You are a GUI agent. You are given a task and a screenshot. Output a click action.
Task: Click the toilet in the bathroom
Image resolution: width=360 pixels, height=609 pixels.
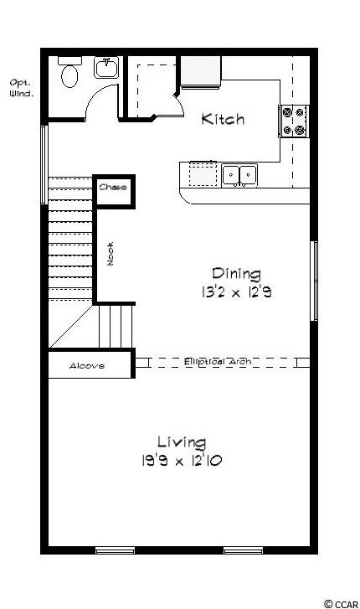[69, 72]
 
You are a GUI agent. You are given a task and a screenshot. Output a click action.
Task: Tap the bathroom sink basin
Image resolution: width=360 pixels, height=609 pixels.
[106, 68]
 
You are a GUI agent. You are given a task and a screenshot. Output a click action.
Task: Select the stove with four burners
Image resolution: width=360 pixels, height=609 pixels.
[294, 121]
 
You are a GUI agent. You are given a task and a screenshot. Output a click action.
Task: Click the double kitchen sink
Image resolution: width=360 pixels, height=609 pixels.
[239, 175]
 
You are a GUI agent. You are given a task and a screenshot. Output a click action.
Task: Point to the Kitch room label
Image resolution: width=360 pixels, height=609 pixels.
[223, 119]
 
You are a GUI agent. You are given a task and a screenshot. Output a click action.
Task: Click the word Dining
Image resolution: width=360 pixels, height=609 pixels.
[236, 274]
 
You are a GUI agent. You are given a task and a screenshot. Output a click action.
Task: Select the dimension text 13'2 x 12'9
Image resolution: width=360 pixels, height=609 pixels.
[236, 292]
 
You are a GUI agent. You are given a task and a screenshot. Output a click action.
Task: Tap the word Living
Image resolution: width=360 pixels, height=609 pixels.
[182, 442]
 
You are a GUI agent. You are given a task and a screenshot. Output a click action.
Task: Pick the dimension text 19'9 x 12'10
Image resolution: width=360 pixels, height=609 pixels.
[182, 461]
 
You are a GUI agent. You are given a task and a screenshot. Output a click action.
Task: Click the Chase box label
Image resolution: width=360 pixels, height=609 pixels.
[113, 187]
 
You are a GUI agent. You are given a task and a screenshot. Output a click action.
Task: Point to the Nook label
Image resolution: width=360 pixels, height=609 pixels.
[111, 254]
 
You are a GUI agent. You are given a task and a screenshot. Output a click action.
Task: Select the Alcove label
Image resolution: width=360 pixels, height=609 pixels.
[86, 365]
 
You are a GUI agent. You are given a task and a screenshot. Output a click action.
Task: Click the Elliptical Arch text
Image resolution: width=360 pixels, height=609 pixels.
[218, 362]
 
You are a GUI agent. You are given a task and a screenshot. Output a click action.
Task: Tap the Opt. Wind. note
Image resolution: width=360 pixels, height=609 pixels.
[22, 88]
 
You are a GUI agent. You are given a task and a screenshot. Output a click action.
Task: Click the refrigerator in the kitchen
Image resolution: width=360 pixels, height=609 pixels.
[201, 72]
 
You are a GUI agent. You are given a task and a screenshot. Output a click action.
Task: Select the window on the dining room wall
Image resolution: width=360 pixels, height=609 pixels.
[314, 281]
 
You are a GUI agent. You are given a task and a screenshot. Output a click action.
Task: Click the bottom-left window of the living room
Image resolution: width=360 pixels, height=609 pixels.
[115, 550]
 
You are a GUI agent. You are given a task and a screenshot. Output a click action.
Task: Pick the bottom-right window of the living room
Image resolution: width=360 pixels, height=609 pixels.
[243, 550]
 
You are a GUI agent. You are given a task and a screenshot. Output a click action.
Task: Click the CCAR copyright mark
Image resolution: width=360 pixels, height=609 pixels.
[342, 604]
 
